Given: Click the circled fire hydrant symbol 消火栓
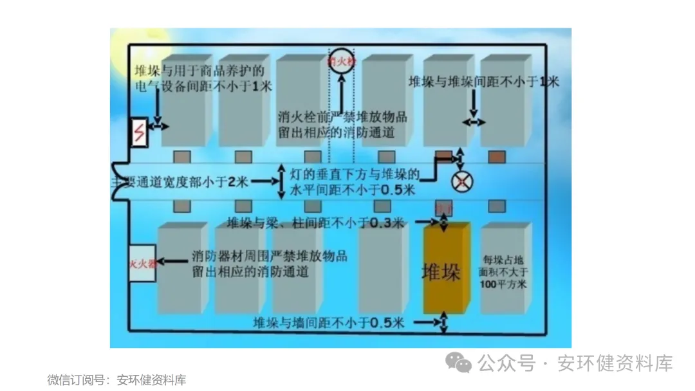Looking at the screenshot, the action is tap(342, 61).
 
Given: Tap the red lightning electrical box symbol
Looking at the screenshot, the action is tap(138, 133).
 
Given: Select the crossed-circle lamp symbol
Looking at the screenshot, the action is tap(461, 182).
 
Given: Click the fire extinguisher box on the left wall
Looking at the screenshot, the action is tap(142, 264).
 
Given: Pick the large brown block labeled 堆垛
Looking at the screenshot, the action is tap(447, 269).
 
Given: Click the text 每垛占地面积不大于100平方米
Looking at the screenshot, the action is tap(504, 271).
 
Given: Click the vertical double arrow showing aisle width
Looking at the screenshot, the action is tap(281, 182).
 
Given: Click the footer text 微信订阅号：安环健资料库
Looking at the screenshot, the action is tap(116, 380).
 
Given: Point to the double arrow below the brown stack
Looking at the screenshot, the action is tap(443, 323).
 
